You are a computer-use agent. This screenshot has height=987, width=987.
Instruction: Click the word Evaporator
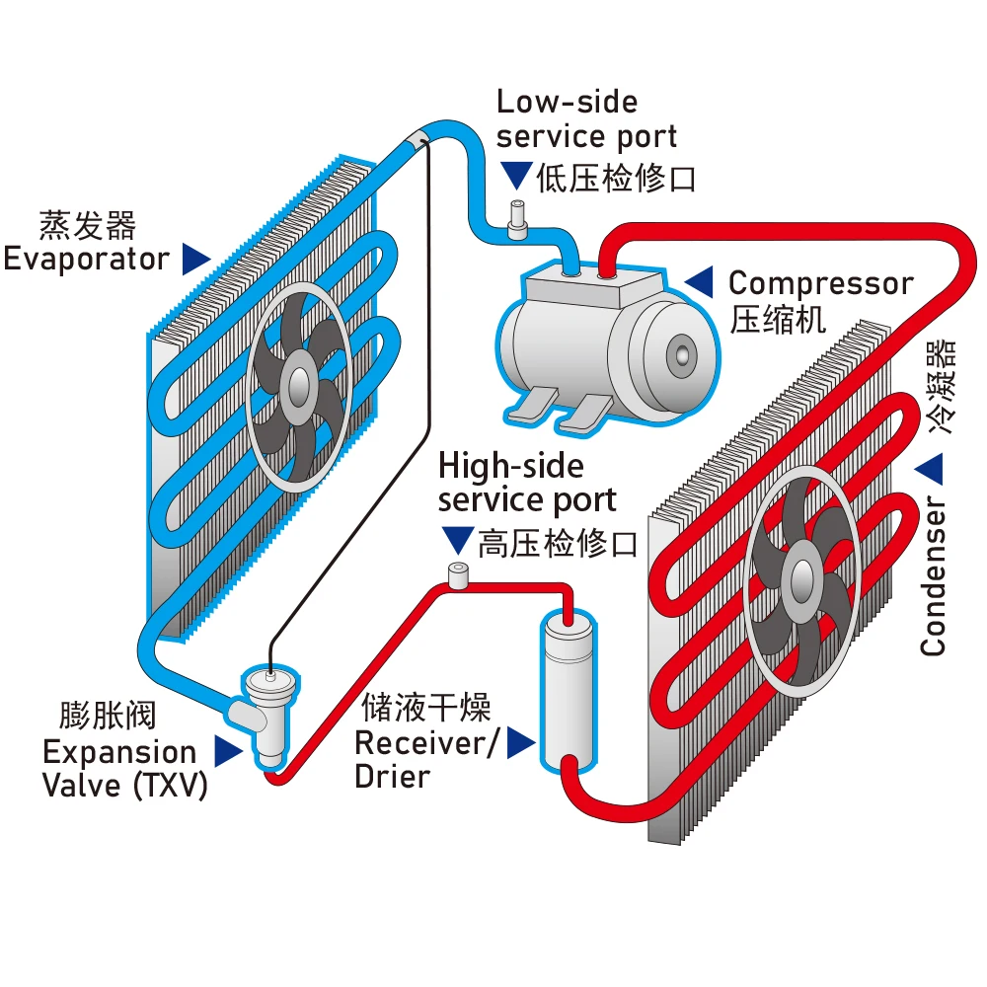point(86,260)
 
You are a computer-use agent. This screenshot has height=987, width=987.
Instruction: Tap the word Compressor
point(820,284)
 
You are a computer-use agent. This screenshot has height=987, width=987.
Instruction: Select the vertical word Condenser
point(933,578)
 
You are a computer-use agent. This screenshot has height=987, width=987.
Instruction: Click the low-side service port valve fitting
point(514,219)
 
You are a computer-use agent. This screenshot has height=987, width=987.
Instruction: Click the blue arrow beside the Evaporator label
point(196,260)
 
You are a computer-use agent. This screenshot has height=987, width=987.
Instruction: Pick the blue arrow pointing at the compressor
point(700,281)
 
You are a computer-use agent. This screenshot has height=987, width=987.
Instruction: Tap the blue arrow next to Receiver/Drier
point(520,744)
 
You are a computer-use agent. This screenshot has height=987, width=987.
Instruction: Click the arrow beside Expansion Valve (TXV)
point(228,752)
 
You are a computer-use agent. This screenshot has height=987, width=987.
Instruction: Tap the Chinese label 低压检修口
point(616,179)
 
